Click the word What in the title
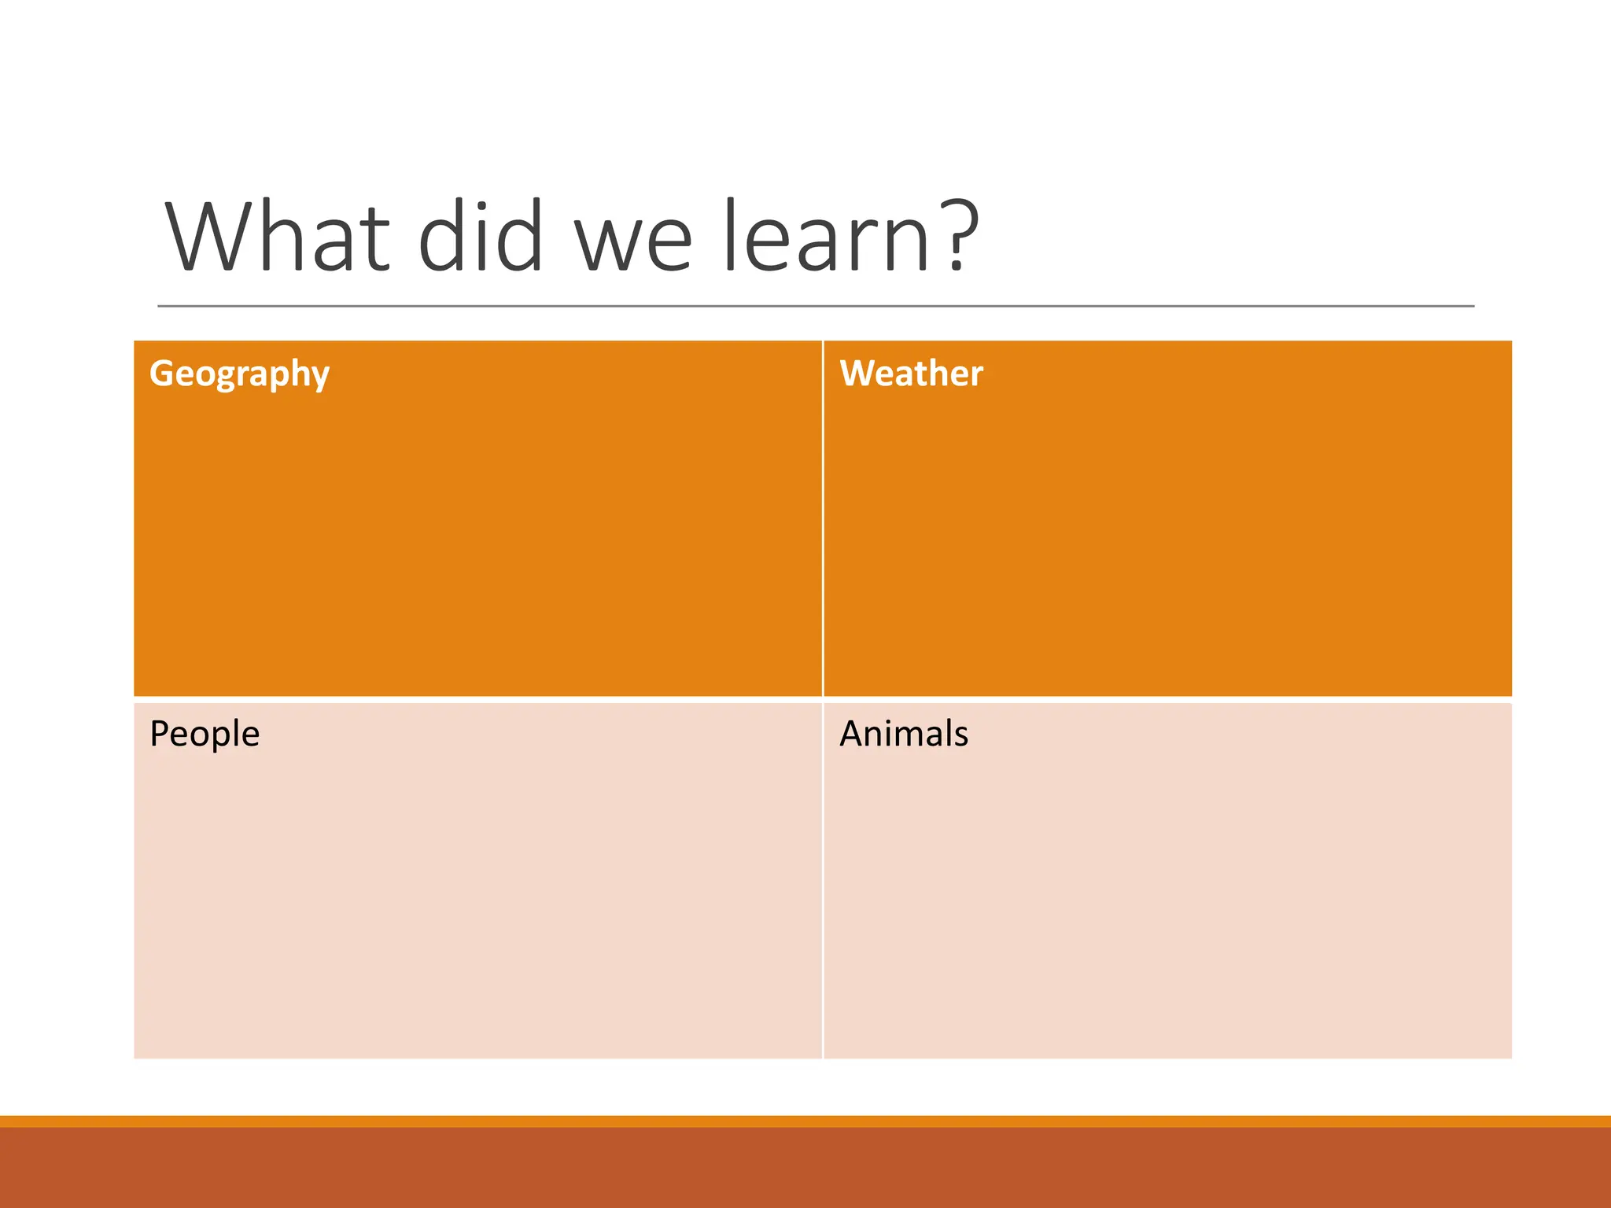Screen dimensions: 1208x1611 [x=277, y=236]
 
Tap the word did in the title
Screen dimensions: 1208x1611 [x=480, y=236]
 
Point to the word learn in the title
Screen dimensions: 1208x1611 [x=826, y=236]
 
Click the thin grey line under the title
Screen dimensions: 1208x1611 [x=815, y=306]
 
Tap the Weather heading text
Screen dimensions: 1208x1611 [x=911, y=374]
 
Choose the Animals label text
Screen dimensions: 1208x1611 [x=903, y=734]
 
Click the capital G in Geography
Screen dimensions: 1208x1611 [x=162, y=373]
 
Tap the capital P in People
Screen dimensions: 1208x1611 [x=159, y=733]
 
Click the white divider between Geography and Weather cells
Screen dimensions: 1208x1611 [x=823, y=519]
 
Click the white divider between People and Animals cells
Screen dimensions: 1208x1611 [x=823, y=881]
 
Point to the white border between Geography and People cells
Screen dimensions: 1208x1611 [x=478, y=699]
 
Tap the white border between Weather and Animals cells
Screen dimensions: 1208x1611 [x=1167, y=699]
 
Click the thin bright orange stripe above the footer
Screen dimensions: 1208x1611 [x=805, y=1121]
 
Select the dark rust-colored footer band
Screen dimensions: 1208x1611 [x=805, y=1169]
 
